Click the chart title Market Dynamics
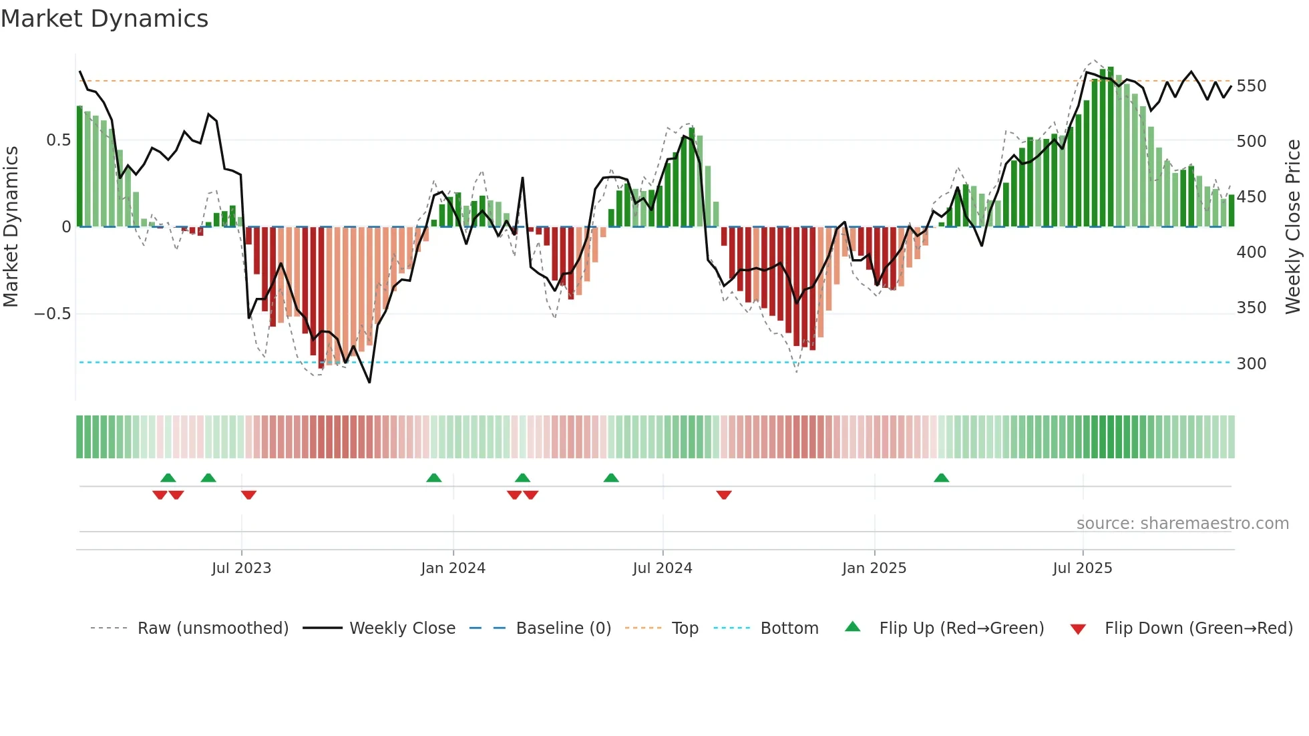104,19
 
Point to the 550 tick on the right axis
1251,86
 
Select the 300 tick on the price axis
1251,363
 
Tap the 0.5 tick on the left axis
58,140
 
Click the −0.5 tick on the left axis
53,314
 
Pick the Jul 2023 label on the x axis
241,568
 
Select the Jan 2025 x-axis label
874,568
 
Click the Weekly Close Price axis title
1293,227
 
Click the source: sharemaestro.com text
1182,524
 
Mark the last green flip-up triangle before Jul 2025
941,478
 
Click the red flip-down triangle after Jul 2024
724,495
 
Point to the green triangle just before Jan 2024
434,478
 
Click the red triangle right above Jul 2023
248,495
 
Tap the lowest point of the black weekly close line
369,382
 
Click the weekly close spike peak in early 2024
522,178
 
